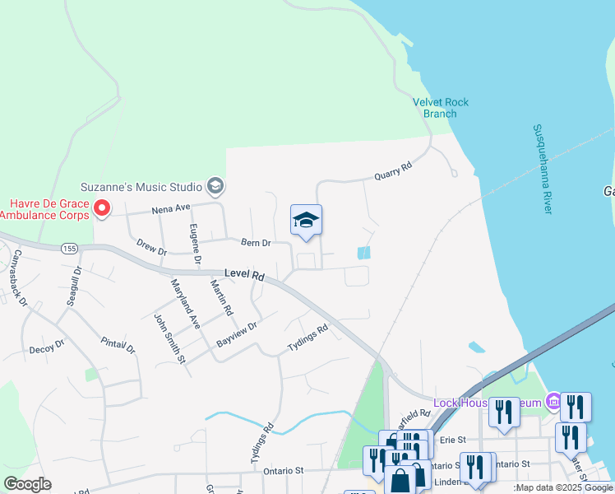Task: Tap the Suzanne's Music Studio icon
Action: (215, 187)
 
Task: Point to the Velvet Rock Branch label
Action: (440, 108)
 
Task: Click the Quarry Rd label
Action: (391, 170)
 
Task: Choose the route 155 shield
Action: (69, 248)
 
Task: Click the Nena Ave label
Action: (170, 210)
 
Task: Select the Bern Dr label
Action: (256, 243)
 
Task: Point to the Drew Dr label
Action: (151, 246)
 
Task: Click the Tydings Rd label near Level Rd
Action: (307, 338)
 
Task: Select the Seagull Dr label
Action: (73, 284)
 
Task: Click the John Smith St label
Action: (167, 335)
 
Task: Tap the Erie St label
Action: (453, 440)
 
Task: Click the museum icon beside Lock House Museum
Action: (553, 403)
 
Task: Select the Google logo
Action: (27, 484)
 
